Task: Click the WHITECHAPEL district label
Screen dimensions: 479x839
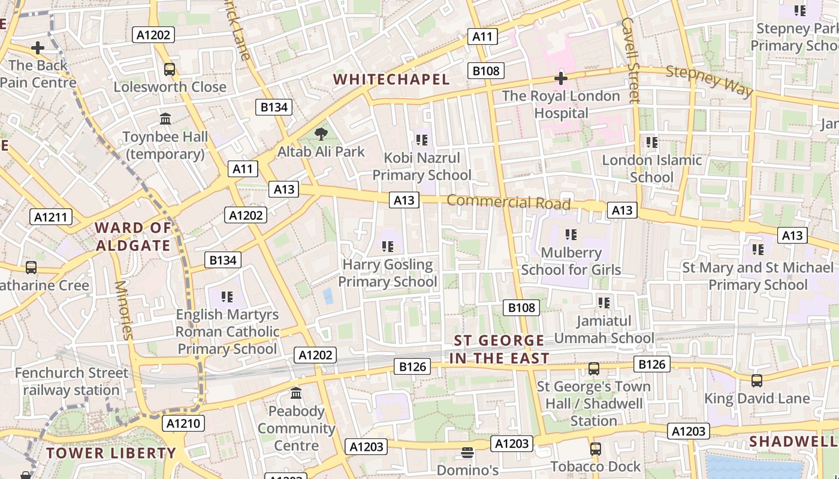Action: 391,79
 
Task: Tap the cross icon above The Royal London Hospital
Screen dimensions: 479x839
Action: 561,78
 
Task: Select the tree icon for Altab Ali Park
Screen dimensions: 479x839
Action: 321,134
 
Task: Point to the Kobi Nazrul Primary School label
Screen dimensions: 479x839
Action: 422,166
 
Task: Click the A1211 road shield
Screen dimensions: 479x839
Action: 51,217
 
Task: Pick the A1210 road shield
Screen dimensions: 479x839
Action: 183,424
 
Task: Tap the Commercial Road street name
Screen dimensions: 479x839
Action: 508,202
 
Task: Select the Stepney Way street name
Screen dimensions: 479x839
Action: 709,80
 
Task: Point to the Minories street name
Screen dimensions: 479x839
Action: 123,310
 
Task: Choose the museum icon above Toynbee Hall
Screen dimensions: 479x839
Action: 165,119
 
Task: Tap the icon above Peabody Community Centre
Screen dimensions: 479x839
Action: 296,393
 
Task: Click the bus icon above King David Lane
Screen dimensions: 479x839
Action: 757,380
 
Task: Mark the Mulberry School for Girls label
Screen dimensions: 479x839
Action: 571,262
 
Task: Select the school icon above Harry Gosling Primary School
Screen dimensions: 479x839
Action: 388,246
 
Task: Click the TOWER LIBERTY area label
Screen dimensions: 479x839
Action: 111,453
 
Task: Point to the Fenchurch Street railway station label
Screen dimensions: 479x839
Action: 71,381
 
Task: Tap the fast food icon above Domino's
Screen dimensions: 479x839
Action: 467,452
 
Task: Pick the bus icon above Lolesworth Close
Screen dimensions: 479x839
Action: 170,69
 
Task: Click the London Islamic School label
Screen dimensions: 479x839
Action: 651,169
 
